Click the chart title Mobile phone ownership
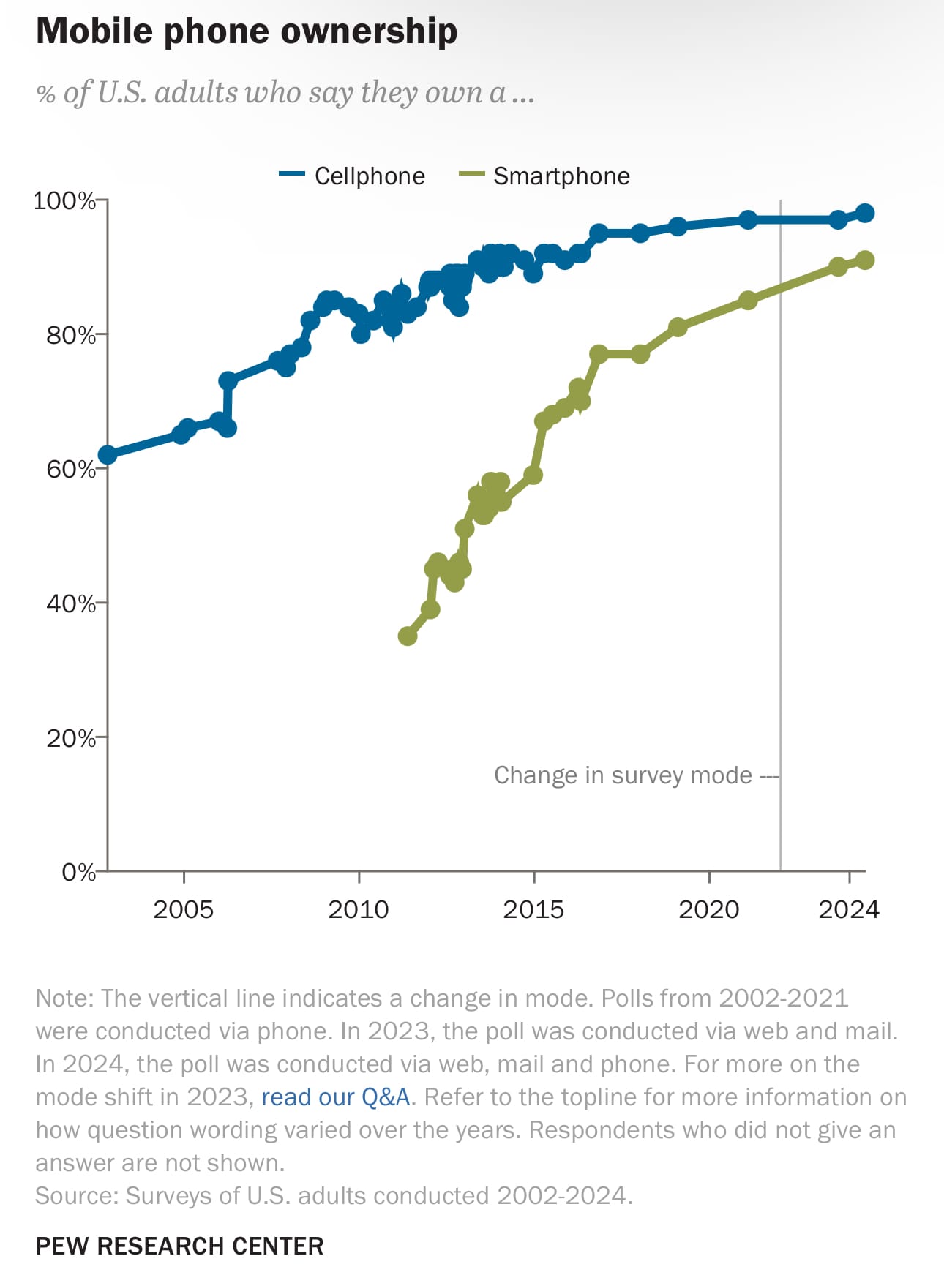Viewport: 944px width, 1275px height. coord(247,31)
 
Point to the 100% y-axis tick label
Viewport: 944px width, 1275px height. coord(64,200)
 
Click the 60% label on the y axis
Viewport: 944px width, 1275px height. coord(71,469)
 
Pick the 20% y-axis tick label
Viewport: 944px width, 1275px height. coord(71,738)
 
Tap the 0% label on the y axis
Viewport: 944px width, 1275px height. coord(78,872)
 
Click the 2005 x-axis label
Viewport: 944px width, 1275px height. coord(184,909)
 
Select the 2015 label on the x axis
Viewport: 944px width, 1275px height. coord(533,909)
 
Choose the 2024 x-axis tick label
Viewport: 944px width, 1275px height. coord(849,909)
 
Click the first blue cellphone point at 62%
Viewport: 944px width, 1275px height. coord(108,455)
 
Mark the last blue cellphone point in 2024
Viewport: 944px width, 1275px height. coord(864,214)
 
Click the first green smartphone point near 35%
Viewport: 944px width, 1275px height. coord(408,636)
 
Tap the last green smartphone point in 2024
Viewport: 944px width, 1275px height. coord(864,260)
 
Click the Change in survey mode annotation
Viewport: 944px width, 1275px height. coord(623,775)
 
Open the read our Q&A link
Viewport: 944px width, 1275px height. coord(335,1097)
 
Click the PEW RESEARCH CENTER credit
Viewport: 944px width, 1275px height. coord(179,1246)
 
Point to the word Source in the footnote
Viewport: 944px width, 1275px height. coord(75,1195)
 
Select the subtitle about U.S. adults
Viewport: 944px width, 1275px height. coord(285,93)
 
